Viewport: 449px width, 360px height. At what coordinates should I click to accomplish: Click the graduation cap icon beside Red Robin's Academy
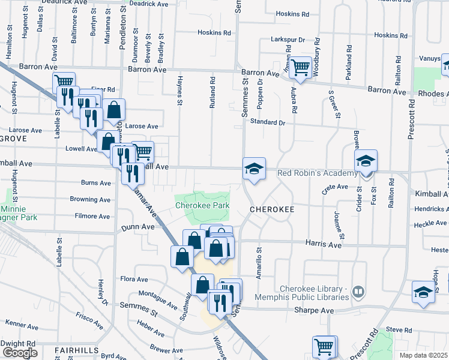click(365, 161)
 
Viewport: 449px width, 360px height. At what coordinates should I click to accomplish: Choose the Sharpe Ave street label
click(313, 310)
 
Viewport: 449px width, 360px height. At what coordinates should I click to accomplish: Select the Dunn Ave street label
click(137, 227)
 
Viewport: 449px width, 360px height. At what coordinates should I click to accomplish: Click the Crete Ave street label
click(335, 188)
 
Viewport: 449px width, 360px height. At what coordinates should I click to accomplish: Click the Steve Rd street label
click(398, 329)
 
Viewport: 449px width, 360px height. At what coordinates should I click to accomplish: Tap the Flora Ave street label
click(134, 279)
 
